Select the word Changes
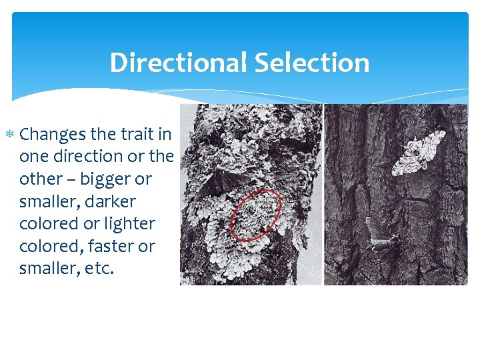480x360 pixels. (53, 135)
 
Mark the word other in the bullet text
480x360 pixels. (39, 179)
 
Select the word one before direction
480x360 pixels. (35, 157)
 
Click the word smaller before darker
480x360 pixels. (47, 201)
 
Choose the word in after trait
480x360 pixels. (165, 135)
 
